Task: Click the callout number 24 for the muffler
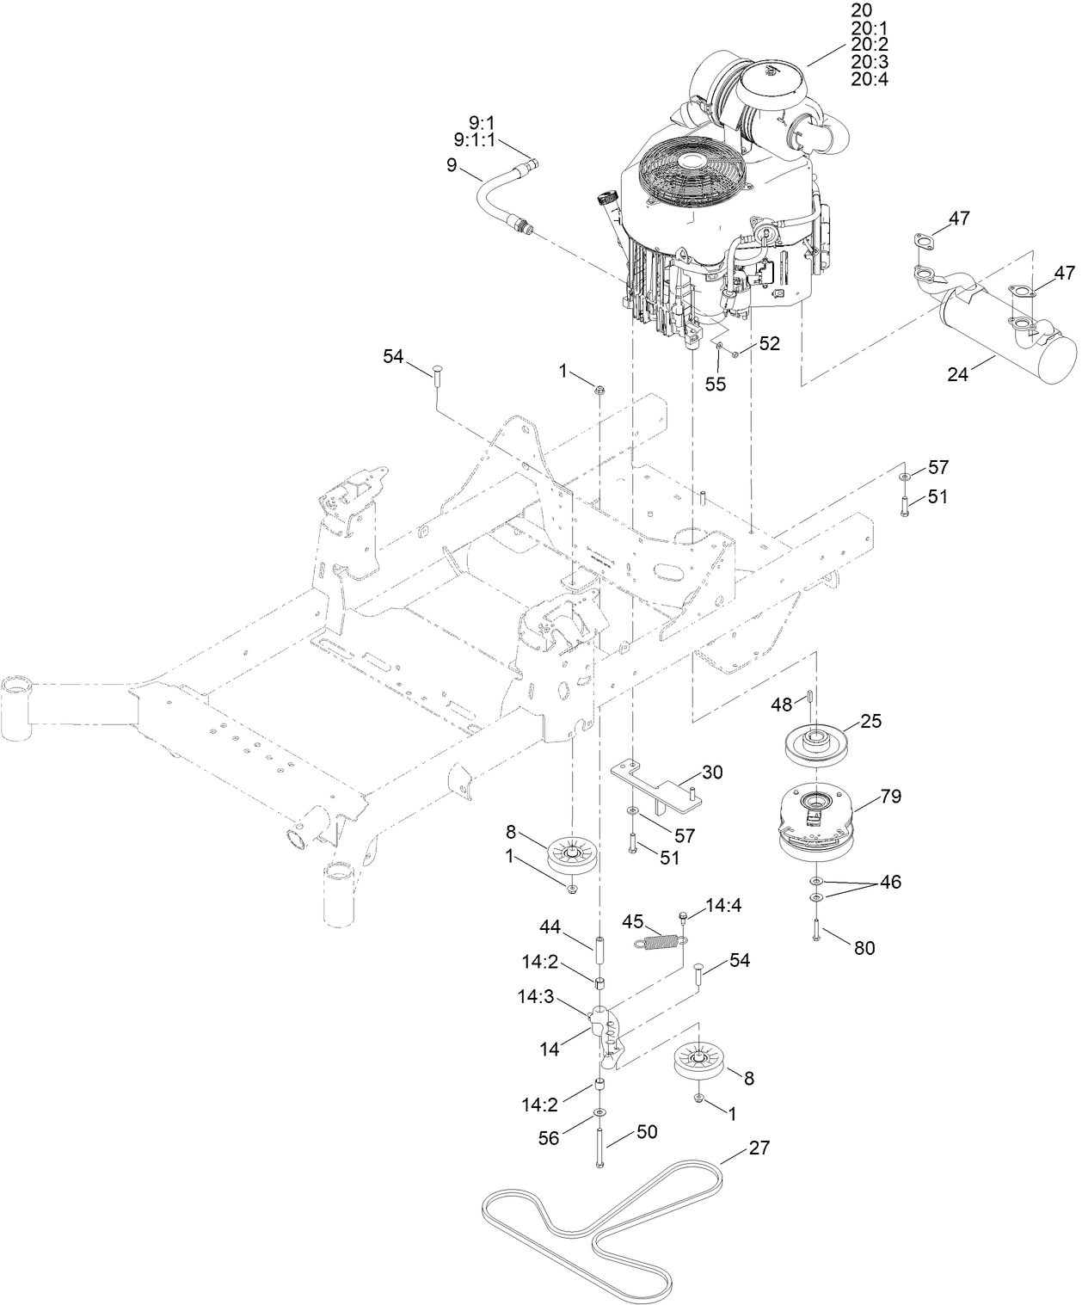click(957, 374)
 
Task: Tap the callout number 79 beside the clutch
click(890, 797)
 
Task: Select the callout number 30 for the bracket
click(711, 772)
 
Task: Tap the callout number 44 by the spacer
click(550, 926)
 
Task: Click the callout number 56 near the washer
click(548, 1138)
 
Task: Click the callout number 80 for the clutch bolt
click(864, 948)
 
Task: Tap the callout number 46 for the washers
click(890, 883)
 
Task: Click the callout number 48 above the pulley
click(781, 704)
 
